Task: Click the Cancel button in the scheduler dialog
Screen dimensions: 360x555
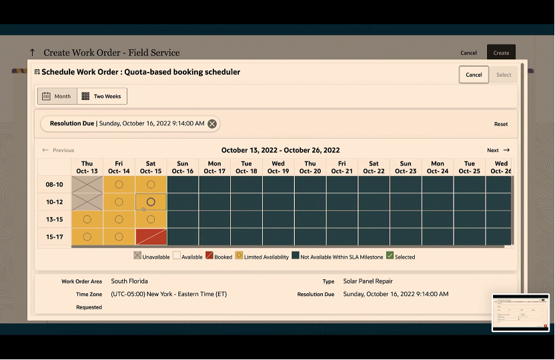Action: (474, 75)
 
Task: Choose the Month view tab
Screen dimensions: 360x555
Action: (57, 96)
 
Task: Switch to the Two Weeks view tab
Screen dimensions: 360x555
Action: (102, 96)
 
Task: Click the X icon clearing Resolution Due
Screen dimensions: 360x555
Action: (212, 123)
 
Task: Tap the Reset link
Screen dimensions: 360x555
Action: (501, 124)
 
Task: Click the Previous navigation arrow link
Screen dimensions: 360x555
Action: (58, 151)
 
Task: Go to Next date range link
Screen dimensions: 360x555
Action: (498, 151)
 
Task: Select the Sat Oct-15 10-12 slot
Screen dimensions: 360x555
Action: (151, 202)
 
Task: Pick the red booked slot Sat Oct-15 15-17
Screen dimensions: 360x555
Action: (151, 237)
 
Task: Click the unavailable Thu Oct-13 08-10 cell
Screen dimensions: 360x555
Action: (87, 185)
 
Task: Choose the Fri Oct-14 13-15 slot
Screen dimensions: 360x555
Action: (119, 219)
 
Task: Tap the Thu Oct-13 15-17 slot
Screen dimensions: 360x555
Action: (87, 237)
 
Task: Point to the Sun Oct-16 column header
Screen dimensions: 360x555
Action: (183, 167)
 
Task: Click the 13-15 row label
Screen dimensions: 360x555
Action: (55, 219)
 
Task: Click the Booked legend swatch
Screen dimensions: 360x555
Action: (209, 256)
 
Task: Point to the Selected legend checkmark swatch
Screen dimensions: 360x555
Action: (390, 256)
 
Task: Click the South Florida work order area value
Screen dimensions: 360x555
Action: (129, 281)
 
